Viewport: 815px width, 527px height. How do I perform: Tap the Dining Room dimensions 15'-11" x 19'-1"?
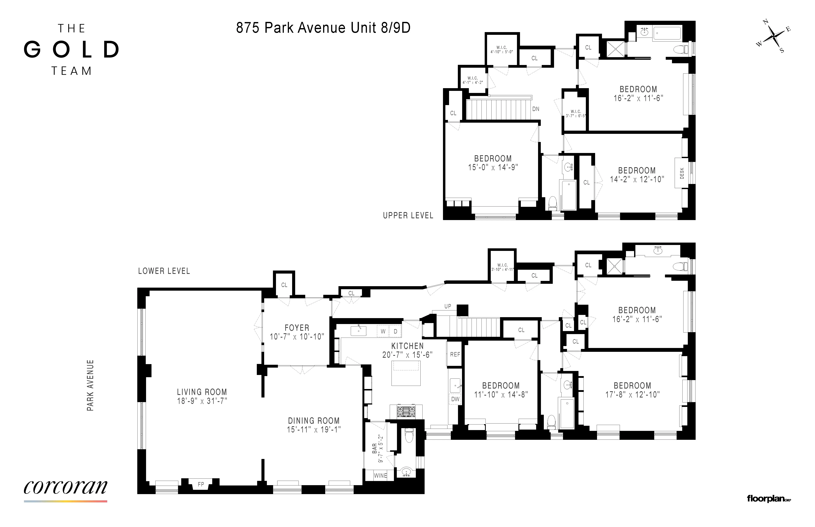click(x=314, y=429)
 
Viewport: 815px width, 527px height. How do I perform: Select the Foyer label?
click(x=297, y=328)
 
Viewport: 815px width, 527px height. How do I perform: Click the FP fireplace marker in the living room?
click(x=201, y=484)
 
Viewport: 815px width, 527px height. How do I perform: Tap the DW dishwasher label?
click(x=455, y=399)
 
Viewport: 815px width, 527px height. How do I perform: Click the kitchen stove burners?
click(x=406, y=411)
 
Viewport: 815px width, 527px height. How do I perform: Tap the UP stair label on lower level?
click(x=448, y=306)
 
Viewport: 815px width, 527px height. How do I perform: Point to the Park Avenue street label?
click(x=90, y=385)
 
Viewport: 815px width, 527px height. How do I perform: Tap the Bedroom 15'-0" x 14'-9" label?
click(x=493, y=163)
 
